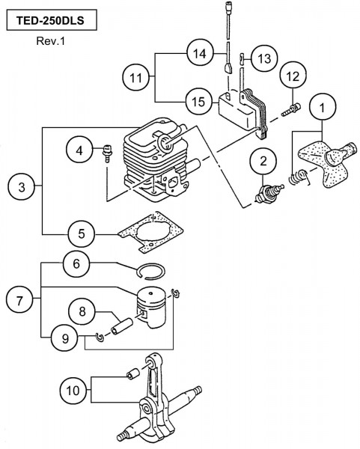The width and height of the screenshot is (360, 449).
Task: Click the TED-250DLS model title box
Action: tap(52, 20)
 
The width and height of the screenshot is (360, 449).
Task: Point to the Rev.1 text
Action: tap(51, 41)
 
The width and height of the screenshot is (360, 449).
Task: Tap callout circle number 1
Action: tap(322, 108)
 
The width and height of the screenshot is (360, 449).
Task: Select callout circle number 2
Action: tap(263, 161)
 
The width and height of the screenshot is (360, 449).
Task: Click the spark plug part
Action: tap(269, 194)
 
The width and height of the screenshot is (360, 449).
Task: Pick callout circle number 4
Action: tap(79, 150)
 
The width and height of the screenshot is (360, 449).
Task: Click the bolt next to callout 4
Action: tap(107, 153)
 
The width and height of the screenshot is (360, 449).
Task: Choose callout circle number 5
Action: tap(82, 234)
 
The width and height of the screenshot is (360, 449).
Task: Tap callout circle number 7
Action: tap(19, 301)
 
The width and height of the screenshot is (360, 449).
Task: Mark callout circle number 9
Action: tap(65, 339)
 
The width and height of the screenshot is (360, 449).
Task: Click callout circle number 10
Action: tap(73, 391)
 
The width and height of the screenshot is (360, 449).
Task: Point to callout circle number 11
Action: tap(135, 77)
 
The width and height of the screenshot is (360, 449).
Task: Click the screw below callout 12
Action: tap(291, 110)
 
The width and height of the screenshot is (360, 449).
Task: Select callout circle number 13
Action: tap(264, 58)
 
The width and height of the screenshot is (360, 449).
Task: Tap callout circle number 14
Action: tap(200, 53)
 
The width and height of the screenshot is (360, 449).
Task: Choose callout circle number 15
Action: tap(199, 101)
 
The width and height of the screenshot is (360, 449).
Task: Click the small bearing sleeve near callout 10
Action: tap(133, 373)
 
